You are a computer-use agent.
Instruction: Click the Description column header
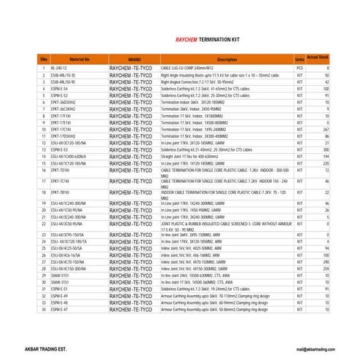227,58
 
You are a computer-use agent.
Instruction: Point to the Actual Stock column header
318,56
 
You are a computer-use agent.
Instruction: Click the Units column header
299,58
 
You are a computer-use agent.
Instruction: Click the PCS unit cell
299,67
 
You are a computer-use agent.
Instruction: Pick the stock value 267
326,129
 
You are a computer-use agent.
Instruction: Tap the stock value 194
326,157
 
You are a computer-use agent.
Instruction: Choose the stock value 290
326,262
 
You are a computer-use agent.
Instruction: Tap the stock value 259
326,269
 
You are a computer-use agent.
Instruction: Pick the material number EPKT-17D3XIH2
63,136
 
